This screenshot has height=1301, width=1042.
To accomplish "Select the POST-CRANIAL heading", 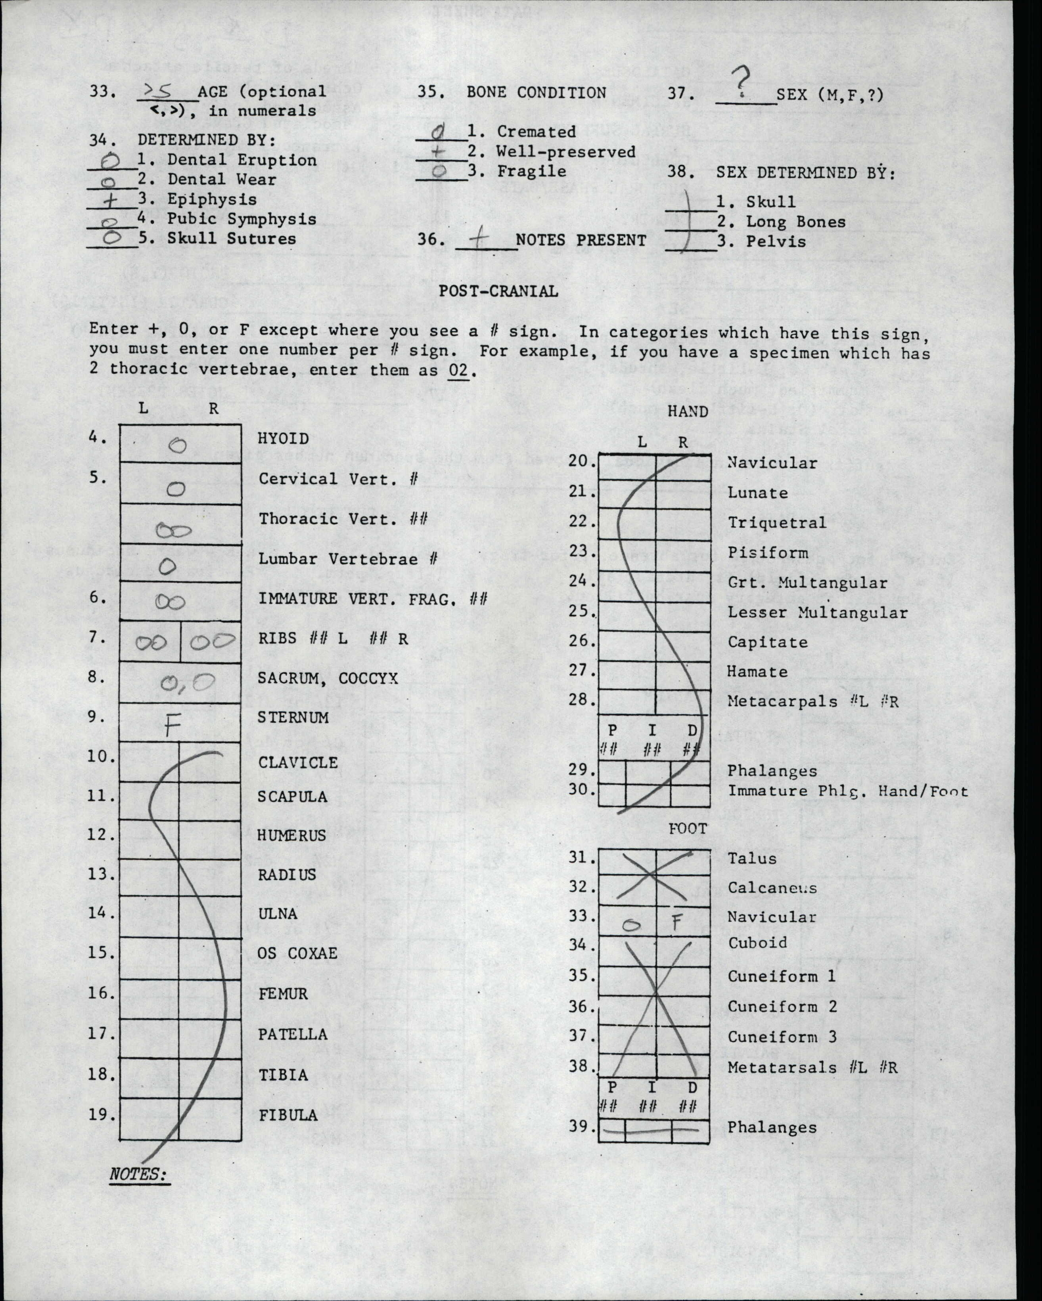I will [x=498, y=291].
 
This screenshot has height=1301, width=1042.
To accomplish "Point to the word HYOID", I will [x=283, y=439].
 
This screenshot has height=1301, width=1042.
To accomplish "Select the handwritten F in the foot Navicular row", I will [x=677, y=922].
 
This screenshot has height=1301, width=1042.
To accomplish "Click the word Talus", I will [x=752, y=858].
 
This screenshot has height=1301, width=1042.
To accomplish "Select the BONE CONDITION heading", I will [x=536, y=92].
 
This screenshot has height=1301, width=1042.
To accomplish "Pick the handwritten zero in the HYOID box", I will [x=178, y=445].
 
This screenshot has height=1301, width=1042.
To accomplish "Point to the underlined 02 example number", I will [x=459, y=369].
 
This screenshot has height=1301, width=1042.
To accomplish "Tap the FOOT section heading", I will [x=687, y=829].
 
